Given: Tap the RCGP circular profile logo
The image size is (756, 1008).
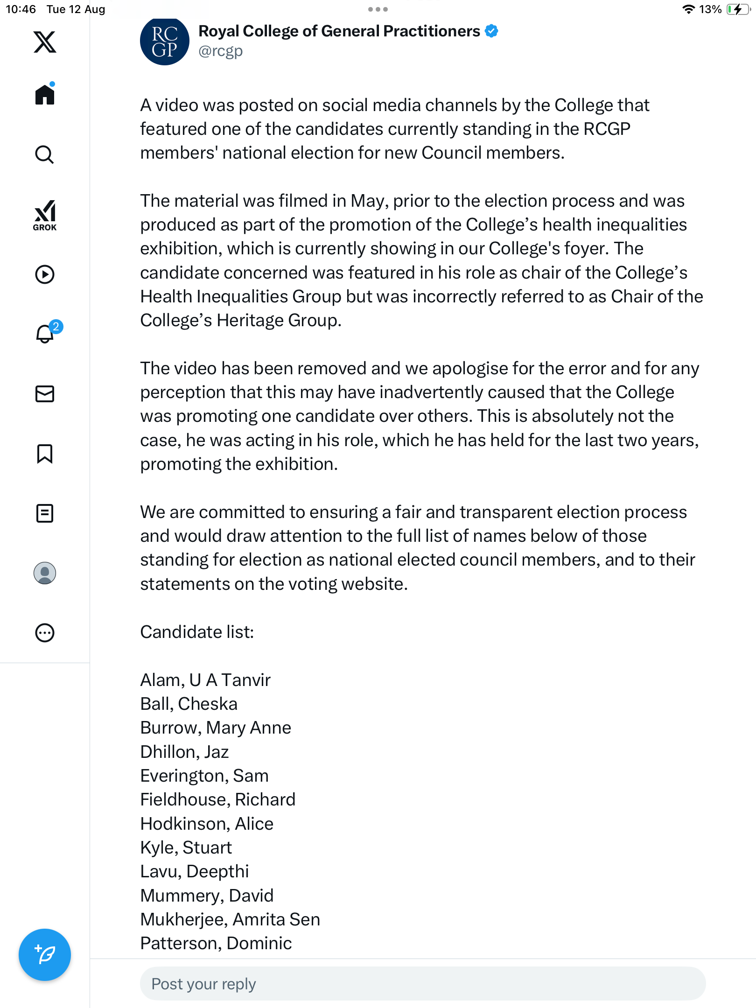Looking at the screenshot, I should tap(164, 42).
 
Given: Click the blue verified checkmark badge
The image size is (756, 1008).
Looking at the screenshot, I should tap(491, 31).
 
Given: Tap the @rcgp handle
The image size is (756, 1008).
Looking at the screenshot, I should tap(221, 51).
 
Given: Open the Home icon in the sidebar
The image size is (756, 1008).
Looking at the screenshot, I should tap(45, 95).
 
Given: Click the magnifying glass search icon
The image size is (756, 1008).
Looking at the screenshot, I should tap(45, 154).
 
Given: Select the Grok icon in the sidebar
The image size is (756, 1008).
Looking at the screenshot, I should tap(45, 215).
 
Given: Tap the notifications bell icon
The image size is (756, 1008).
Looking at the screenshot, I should tap(45, 334).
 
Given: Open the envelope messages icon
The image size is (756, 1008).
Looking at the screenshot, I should tap(45, 394).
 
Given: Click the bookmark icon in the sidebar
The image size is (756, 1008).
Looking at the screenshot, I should tap(45, 454).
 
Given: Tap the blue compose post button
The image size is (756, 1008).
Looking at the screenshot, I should tap(45, 954).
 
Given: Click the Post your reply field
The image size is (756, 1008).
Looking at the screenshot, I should tap(422, 984).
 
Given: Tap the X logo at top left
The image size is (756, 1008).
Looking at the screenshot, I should tap(45, 42).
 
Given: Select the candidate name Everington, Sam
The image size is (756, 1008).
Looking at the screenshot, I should tap(204, 776).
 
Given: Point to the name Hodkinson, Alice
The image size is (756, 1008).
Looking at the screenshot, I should tap(207, 824).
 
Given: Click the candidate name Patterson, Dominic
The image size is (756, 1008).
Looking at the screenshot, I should tap(216, 943).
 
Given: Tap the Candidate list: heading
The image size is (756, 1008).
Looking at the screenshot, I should tap(197, 632).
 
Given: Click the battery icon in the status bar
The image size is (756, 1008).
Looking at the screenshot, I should tap(738, 9).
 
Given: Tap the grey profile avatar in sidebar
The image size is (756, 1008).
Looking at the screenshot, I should tap(45, 573).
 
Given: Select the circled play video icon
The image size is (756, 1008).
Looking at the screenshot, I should tap(45, 274).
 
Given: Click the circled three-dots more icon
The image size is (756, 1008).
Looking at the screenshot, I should tap(45, 633).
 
